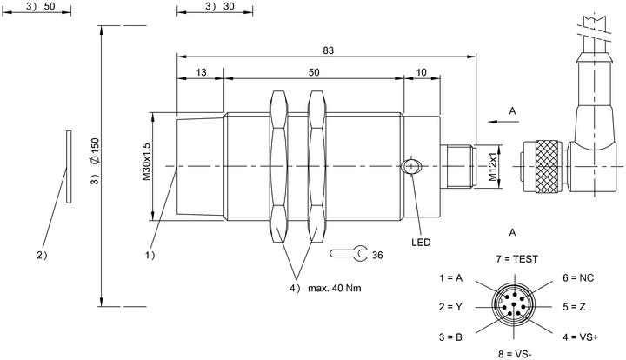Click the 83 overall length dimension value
328,50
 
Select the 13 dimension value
201,72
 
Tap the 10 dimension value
421,72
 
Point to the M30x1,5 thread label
147,162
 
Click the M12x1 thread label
494,166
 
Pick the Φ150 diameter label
96,150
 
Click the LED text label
421,243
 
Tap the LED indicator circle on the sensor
411,167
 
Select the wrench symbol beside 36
349,253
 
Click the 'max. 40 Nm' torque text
334,288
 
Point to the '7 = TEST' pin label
517,259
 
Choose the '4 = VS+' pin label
581,337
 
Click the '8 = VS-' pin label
515,354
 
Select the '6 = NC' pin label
578,277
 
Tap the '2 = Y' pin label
450,306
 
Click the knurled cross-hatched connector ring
547,166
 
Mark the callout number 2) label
42,255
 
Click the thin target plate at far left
69,167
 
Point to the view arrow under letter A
503,122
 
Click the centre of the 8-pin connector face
514,307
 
